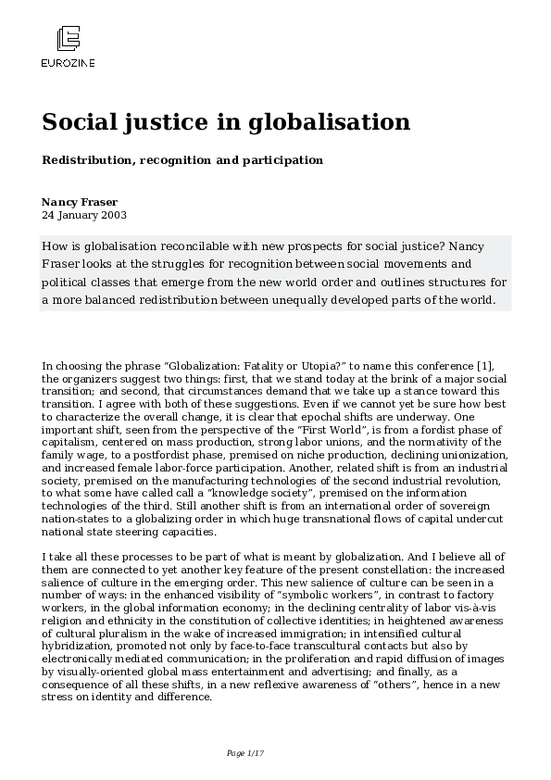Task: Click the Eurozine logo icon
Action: coord(68,40)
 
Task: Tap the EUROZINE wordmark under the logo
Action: coord(68,63)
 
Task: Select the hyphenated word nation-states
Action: coord(77,521)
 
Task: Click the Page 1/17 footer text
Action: coord(244,752)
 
